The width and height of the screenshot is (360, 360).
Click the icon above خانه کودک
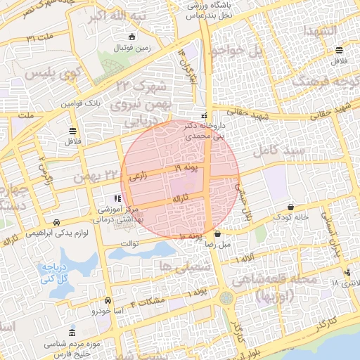[x=291, y=207]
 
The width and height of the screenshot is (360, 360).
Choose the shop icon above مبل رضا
[x=218, y=234]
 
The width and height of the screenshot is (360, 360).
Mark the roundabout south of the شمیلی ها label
[x=225, y=299]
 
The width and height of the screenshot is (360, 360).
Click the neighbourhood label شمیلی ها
[x=175, y=264]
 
